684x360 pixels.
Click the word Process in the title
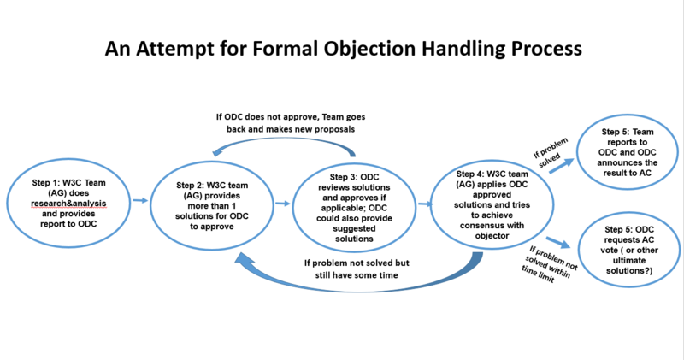pyautogui.click(x=537, y=50)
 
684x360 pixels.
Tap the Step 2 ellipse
pyautogui.click(x=213, y=201)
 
